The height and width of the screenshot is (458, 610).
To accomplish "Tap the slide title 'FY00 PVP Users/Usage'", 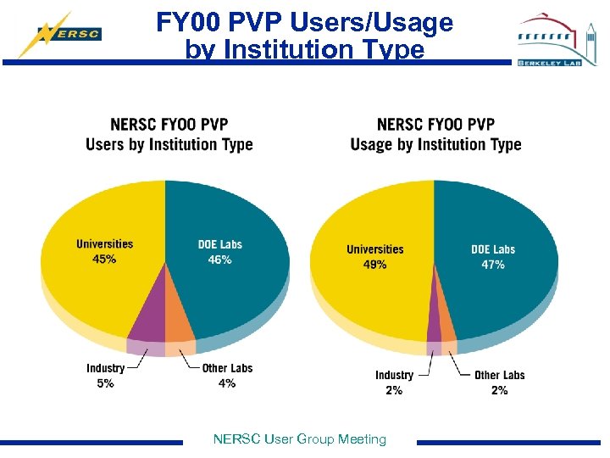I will [304, 23].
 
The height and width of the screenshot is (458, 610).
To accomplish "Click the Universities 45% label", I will [105, 252].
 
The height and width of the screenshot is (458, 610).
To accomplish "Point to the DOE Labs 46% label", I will [220, 252].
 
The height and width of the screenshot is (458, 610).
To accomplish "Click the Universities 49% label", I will [375, 257].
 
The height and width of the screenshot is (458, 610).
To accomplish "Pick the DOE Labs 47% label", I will [493, 257].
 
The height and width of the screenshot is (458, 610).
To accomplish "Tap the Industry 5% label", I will [105, 376].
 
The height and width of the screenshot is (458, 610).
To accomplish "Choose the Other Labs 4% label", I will [227, 376].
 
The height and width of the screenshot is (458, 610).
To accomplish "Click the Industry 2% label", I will [394, 383].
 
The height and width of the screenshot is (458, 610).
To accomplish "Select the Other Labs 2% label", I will [499, 383].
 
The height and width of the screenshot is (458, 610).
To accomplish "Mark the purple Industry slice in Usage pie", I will [434, 327].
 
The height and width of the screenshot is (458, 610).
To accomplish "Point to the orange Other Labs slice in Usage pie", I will [446, 327].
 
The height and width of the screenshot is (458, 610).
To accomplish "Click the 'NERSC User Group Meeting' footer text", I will [300, 438].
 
